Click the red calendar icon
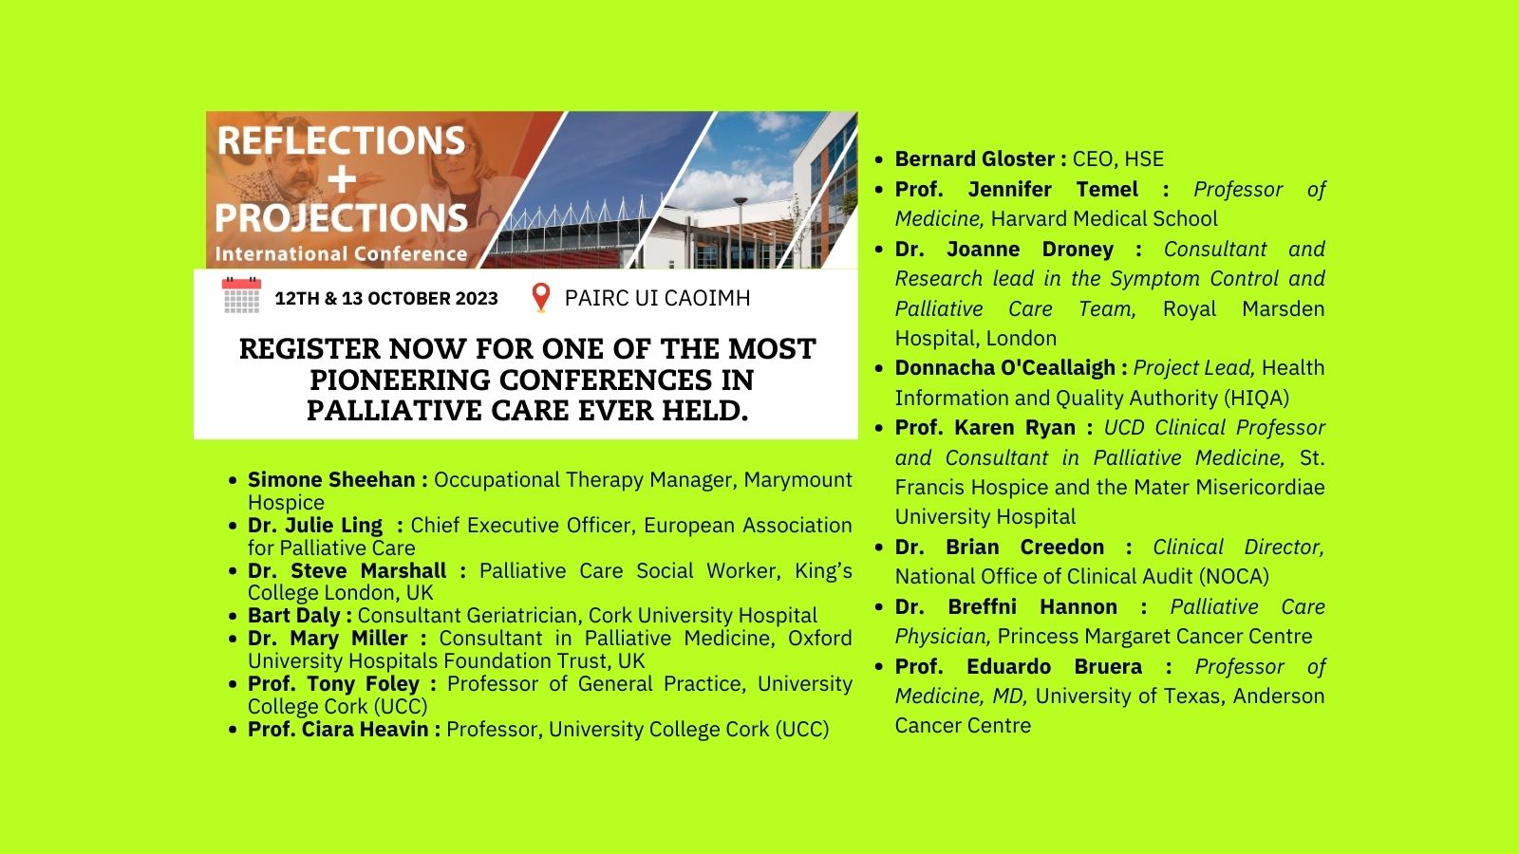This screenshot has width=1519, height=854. (241, 295)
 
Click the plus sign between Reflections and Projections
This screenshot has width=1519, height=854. (342, 179)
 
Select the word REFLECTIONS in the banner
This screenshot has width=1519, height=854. (341, 140)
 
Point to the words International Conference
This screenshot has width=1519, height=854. (341, 254)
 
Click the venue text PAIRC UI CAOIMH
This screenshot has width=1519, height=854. (657, 298)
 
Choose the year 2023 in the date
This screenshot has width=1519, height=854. (477, 298)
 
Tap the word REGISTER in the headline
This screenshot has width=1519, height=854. (309, 349)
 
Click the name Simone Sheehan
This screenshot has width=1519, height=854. (331, 480)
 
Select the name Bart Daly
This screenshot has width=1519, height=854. (293, 616)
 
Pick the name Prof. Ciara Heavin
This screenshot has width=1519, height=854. (338, 730)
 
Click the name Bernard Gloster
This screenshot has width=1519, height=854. (974, 158)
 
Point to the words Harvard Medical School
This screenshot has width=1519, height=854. (1104, 219)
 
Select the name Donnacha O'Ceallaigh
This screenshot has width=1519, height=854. (1005, 368)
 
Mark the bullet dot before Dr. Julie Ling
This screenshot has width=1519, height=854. (234, 526)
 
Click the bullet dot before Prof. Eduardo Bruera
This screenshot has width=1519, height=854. (879, 667)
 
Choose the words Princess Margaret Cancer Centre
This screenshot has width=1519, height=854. (1154, 637)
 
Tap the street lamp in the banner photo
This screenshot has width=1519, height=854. (741, 231)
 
